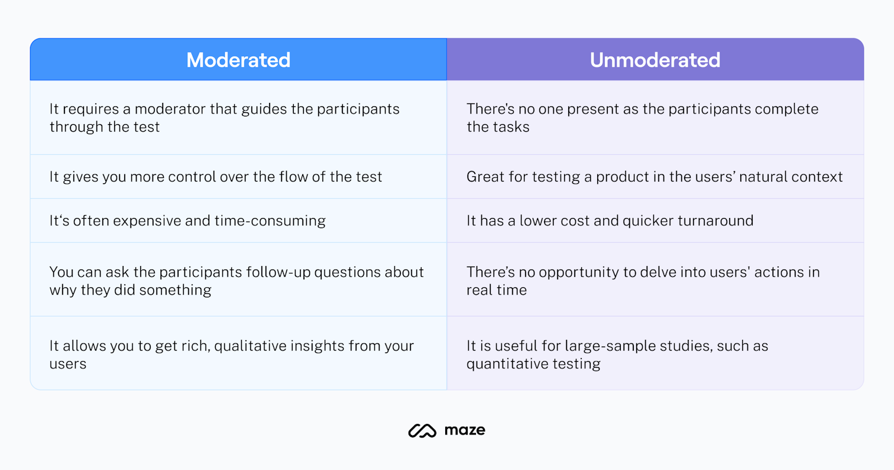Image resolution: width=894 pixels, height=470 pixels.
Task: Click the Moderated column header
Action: point(238,60)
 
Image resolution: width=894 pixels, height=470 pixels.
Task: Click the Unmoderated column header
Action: point(655,60)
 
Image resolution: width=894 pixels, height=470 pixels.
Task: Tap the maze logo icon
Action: point(422,431)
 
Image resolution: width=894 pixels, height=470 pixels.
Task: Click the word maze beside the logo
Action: point(465,430)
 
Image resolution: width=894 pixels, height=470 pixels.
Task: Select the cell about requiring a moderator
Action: point(238,118)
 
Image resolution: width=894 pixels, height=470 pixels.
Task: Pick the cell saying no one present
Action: point(655,118)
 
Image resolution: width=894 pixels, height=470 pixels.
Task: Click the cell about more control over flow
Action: point(238,177)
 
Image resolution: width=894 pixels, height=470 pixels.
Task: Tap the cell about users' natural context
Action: point(655,177)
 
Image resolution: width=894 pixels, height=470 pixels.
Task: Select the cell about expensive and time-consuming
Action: point(238,221)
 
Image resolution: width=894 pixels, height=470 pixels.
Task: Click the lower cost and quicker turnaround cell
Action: point(655,221)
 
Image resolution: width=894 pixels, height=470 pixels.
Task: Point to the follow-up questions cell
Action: point(238,280)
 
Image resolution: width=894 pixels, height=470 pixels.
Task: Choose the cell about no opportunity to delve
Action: point(655,280)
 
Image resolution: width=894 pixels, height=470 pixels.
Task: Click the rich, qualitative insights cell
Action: point(238,354)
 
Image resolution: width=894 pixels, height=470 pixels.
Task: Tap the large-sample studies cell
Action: point(655,354)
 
